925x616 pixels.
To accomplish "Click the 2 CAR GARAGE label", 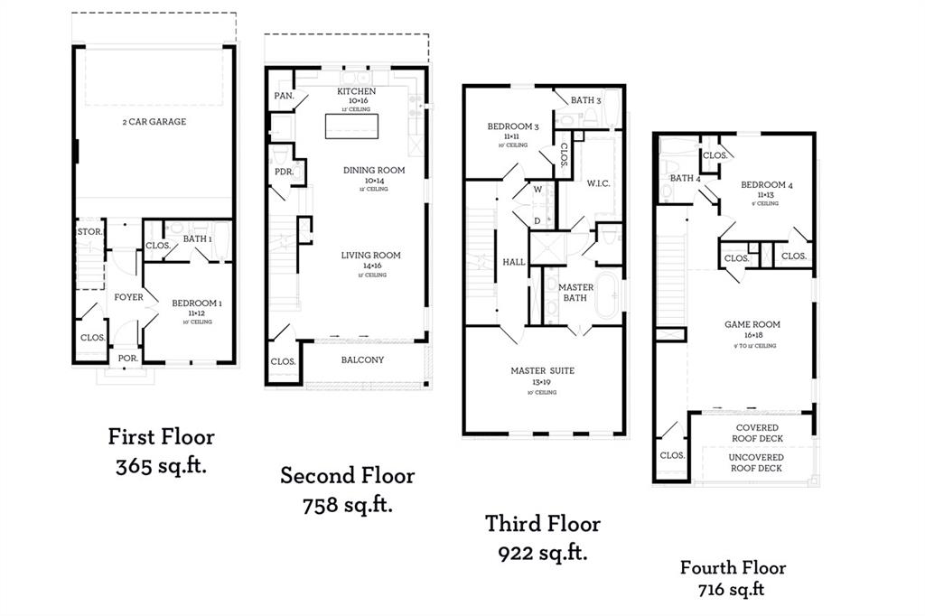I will pyautogui.click(x=154, y=122).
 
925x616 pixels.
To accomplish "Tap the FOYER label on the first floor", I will pyautogui.click(x=128, y=296).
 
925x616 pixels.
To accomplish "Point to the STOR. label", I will pyautogui.click(x=89, y=231).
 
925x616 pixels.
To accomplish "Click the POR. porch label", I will pyautogui.click(x=127, y=357).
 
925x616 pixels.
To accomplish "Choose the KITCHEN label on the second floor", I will pyautogui.click(x=356, y=92).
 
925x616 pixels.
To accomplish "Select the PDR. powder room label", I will pyautogui.click(x=282, y=172).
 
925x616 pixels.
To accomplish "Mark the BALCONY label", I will pyautogui.click(x=362, y=359).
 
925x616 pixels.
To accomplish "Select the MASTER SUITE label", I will pyautogui.click(x=542, y=370).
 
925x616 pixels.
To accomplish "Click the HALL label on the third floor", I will pyautogui.click(x=514, y=262).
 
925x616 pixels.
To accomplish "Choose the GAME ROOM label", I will pyautogui.click(x=752, y=324).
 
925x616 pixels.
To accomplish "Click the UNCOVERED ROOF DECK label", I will pyautogui.click(x=756, y=462).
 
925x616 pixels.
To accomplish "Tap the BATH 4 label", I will pyautogui.click(x=685, y=178).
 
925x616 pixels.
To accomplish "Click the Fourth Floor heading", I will pyautogui.click(x=733, y=568).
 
